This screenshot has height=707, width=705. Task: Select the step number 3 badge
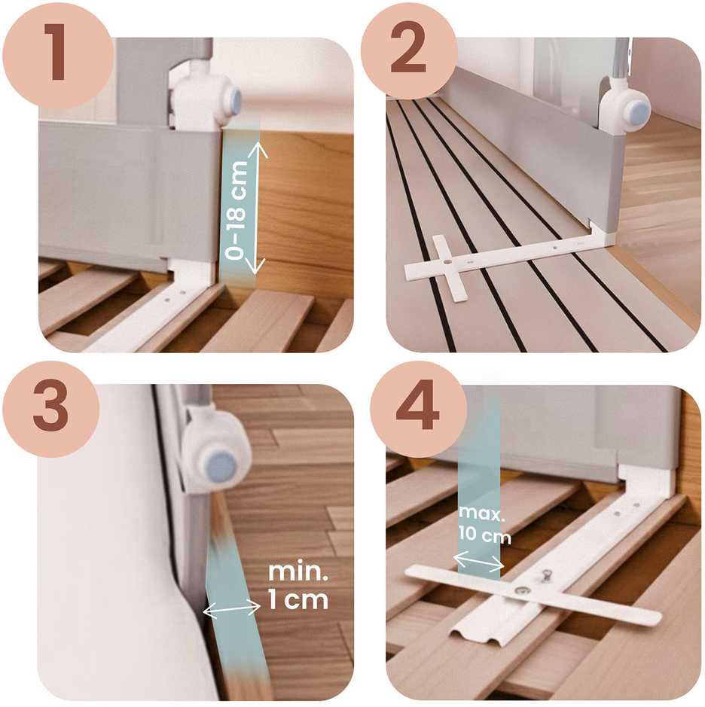(x=50, y=409)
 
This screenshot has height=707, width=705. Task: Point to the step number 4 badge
(x=418, y=409)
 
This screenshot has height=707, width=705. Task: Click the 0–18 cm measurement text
(x=237, y=210)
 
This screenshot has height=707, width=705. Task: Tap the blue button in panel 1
(x=232, y=101)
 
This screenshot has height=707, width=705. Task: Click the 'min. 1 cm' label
(x=298, y=586)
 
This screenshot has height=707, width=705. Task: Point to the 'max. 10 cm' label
(x=484, y=524)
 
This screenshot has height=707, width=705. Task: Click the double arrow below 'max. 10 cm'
(x=478, y=562)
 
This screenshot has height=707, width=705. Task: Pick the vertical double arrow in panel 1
(x=256, y=208)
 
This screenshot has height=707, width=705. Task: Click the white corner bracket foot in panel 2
(x=600, y=233)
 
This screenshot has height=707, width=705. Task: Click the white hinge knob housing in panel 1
(x=205, y=97)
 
